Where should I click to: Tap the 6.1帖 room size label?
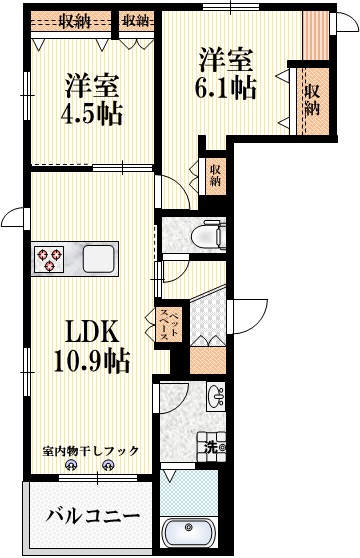point(227,86)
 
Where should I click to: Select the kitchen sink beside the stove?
point(100,260)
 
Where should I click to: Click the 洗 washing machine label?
point(213,447)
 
